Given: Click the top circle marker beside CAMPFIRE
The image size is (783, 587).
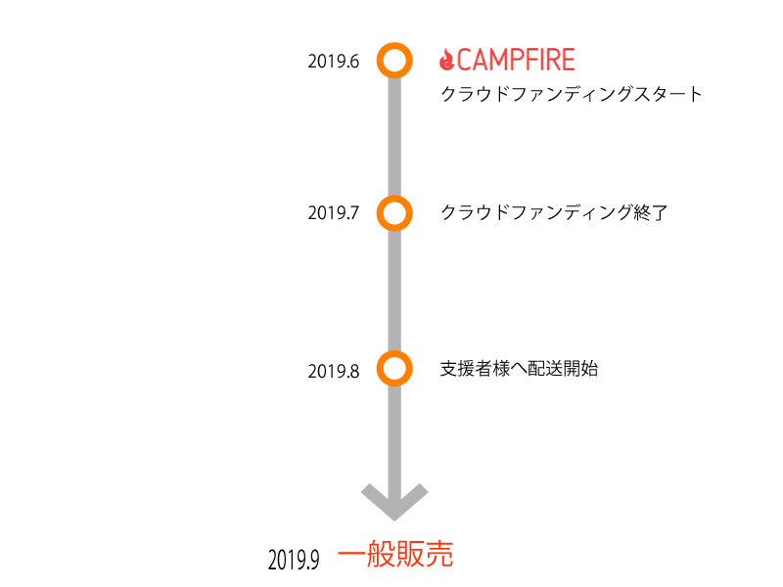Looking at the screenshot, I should click(x=394, y=61).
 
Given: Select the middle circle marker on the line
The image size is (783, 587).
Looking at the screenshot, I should click(x=394, y=213).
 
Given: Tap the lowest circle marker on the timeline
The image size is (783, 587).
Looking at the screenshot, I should click(x=394, y=369).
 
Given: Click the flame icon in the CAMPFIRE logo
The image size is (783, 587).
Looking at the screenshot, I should click(x=446, y=61).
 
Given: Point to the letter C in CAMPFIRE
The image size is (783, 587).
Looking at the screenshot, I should click(x=465, y=61).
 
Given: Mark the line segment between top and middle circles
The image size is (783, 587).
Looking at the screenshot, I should click(x=394, y=137).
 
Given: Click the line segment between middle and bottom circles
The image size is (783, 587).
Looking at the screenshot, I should click(x=394, y=292).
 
